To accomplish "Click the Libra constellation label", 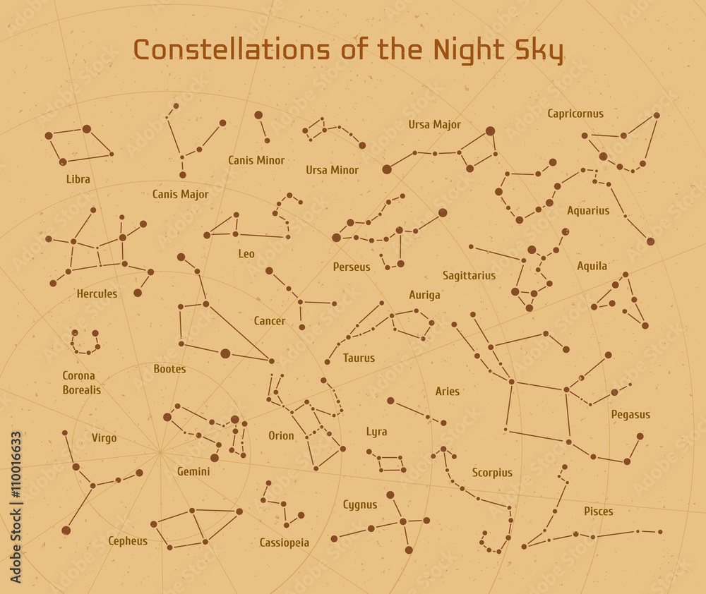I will click(78, 179).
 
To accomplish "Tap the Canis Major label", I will click(180, 194).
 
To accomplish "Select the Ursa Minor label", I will click(332, 170).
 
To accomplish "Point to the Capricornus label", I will click(575, 114).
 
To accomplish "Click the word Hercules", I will click(97, 293).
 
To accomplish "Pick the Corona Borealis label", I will click(81, 382).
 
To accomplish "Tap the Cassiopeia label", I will click(284, 543).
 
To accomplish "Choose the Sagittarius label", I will click(469, 276).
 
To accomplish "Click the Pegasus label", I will click(630, 415).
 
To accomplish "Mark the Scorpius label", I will click(492, 473).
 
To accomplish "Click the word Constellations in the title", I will click(232, 51).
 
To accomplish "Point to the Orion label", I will click(281, 436).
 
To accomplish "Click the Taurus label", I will click(359, 358).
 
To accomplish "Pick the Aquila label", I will click(592, 266).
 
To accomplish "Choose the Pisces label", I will click(598, 511).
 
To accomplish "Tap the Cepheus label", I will click(128, 541).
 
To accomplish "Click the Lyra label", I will click(376, 432).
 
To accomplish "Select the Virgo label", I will click(104, 438).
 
